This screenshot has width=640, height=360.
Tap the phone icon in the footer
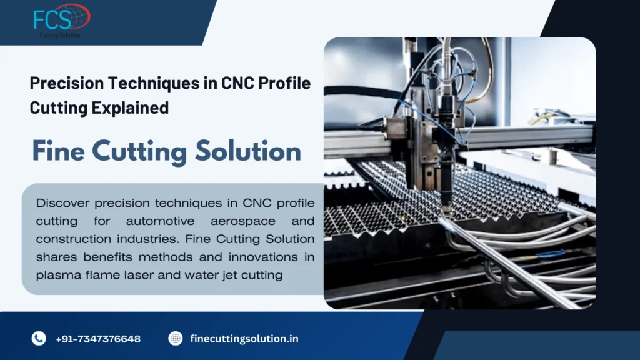tap(39, 339)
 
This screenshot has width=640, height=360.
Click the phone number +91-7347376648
tap(98, 339)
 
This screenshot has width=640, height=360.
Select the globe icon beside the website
tap(176, 339)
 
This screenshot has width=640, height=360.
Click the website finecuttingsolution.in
tap(244, 339)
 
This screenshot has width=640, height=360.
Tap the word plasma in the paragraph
tap(56, 274)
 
